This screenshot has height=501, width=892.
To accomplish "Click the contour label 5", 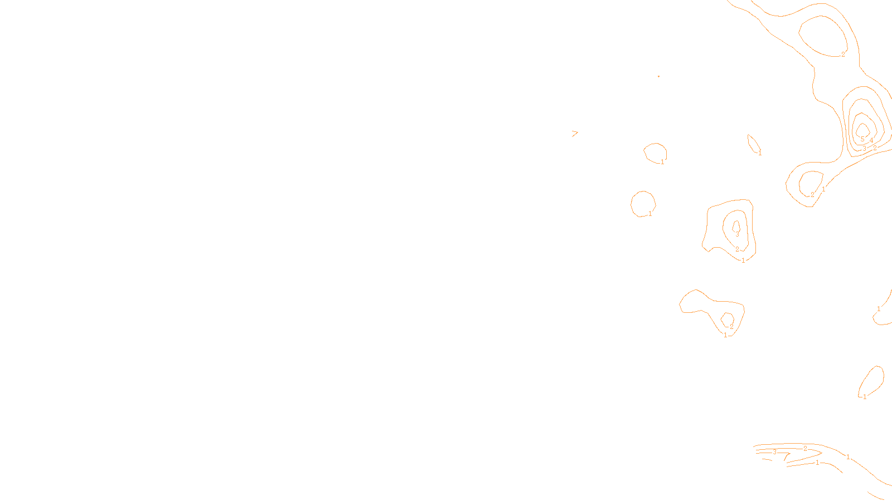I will click(x=862, y=139).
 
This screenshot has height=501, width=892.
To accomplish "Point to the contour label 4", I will click(x=871, y=140).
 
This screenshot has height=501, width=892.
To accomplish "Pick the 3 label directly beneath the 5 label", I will click(x=864, y=149).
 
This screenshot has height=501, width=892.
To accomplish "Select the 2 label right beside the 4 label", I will click(x=875, y=148).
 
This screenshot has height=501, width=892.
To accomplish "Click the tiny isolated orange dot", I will click(x=658, y=76).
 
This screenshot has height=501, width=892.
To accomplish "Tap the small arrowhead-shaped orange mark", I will click(x=574, y=133).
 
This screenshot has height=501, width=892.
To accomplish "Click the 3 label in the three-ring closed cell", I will click(x=737, y=234).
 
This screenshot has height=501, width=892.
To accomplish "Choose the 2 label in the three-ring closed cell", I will click(x=737, y=249).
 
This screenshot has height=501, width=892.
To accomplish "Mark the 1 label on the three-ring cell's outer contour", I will click(x=743, y=261).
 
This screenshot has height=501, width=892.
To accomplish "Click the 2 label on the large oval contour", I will click(x=843, y=55).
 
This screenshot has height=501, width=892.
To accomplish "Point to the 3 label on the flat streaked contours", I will click(x=774, y=452).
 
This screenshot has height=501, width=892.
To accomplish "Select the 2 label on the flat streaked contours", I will click(x=805, y=449).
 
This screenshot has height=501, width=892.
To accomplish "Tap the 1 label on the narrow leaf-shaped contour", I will click(x=759, y=153).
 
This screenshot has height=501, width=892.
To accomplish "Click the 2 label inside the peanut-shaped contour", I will click(x=732, y=327).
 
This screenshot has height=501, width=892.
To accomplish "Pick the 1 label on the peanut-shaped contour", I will click(x=725, y=335).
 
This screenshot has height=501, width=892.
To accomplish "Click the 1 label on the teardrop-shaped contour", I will click(x=865, y=397).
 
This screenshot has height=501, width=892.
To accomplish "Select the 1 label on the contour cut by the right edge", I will click(x=879, y=309).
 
